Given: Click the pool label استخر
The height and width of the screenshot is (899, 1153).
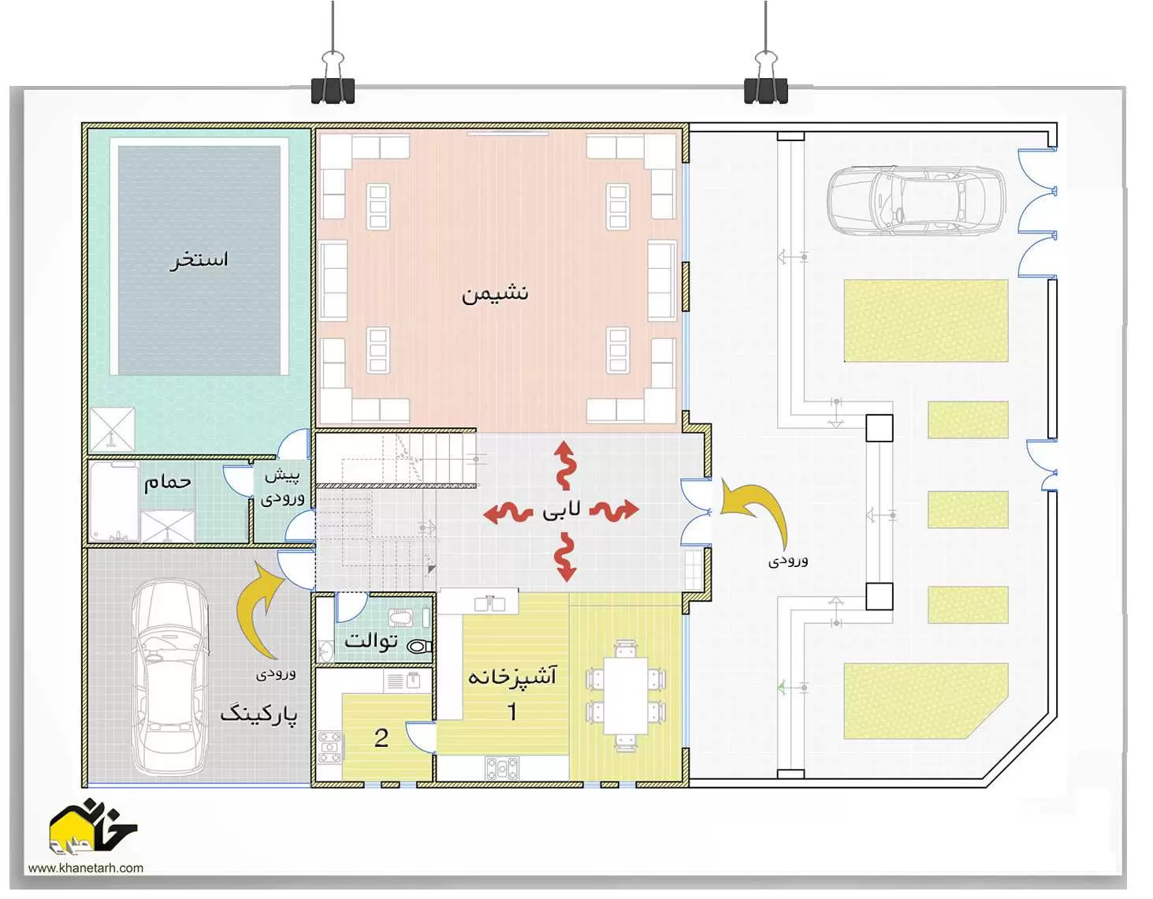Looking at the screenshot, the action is pos(199,259).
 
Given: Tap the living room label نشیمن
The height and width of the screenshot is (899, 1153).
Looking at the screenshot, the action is pos(494,293).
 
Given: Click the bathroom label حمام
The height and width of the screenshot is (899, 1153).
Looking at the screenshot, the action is pos(168,481).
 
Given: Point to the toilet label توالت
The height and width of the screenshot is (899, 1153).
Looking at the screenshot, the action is pos(371,640).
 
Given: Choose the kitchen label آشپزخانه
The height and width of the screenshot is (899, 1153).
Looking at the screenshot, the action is pos(512,676).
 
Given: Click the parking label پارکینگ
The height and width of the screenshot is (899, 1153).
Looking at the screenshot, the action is pos(258,714).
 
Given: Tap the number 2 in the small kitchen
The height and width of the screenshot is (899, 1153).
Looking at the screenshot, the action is pos(381,737).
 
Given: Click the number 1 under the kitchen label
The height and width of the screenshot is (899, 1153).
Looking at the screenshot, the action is pos(512,711).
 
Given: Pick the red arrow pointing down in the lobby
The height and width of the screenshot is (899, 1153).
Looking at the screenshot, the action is pos(566,558).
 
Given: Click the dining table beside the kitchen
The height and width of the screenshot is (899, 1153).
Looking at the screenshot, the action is pos(627,696).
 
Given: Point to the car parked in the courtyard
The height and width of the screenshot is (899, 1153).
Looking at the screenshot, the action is pos(917,200).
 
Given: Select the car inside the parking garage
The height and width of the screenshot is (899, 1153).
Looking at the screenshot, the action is pos(169,677).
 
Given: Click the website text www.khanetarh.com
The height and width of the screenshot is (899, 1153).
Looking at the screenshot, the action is pos(85,867).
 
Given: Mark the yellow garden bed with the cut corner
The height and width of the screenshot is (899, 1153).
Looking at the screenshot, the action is pos(925,700).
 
